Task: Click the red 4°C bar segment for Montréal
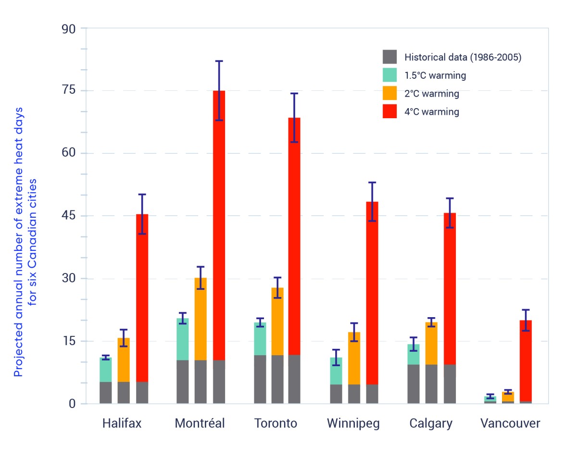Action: [219, 226]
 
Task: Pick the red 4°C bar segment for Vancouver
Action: [526, 360]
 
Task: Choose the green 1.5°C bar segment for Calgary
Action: [414, 354]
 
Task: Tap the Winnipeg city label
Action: [353, 423]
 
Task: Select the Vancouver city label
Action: [510, 423]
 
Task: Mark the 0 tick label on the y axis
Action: [72, 404]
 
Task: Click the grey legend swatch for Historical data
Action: [390, 57]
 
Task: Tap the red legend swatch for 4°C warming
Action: [390, 111]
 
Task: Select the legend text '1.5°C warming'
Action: [435, 75]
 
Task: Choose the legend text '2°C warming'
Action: [432, 94]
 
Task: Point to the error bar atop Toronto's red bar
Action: [294, 117]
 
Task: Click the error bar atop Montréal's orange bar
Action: [201, 278]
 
